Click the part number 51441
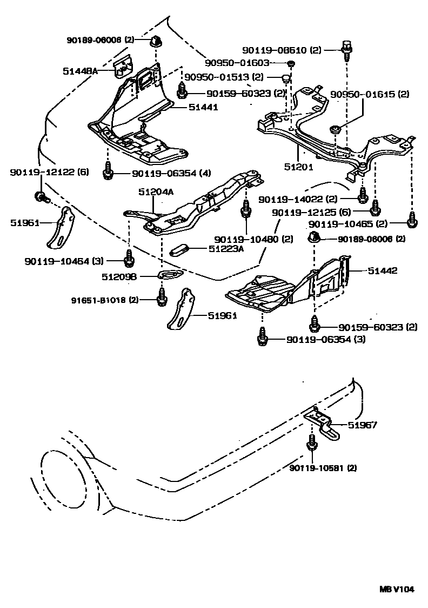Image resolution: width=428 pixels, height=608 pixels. (203, 108)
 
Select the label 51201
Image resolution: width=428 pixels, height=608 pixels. (301, 167)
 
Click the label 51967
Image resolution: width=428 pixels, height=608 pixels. (363, 425)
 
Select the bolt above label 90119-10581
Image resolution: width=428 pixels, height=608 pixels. (312, 442)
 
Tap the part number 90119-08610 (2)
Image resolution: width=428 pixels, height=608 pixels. (286, 50)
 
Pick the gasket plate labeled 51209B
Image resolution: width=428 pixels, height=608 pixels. (169, 277)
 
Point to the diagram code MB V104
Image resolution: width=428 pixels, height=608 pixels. (396, 589)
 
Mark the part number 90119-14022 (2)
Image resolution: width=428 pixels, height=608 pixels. (305, 199)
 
